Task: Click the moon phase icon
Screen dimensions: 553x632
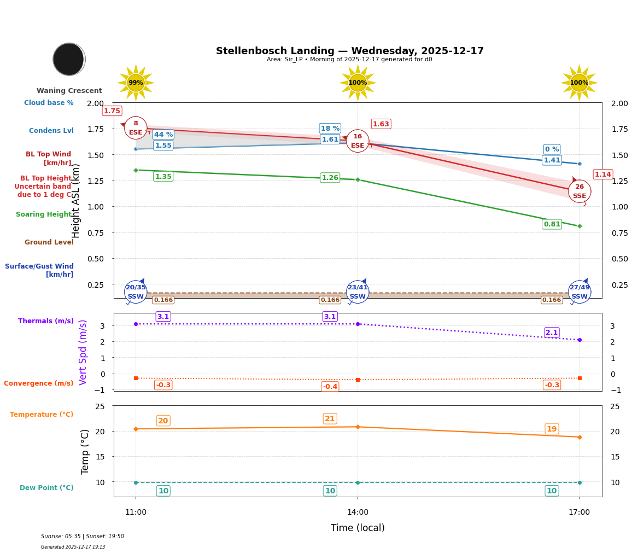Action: point(69,59)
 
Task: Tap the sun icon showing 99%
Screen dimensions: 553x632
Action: point(136,83)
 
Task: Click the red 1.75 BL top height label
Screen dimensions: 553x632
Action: point(112,111)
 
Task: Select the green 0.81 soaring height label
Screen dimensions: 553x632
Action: point(552,224)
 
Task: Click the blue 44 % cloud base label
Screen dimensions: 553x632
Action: point(163,135)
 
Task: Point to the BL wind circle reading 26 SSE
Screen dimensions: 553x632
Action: point(579,191)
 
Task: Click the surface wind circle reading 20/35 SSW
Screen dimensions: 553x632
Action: point(136,292)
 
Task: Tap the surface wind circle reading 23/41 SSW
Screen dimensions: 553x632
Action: point(358,292)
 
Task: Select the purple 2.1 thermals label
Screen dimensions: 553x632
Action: point(552,333)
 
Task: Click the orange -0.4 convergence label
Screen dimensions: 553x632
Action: point(330,387)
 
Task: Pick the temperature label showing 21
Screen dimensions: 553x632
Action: point(330,419)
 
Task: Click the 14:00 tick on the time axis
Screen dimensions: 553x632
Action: point(358,512)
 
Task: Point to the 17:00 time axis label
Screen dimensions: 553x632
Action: point(579,512)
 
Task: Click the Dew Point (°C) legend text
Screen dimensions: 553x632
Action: point(46,488)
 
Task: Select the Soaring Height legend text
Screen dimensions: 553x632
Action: point(44,214)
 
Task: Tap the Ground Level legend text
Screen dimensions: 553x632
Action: point(49,242)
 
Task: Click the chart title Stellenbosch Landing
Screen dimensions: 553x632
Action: point(349,51)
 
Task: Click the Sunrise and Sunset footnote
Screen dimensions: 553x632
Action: point(83,537)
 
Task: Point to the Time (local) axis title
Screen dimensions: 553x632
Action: point(358,528)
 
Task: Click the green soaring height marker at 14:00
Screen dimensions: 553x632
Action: point(358,179)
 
